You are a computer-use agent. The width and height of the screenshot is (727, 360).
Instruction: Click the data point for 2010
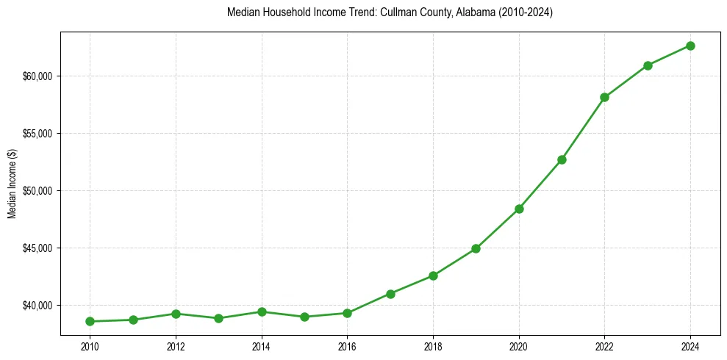90,321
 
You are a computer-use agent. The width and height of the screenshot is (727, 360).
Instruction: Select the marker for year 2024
690,46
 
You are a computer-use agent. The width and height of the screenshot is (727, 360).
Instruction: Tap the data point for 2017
390,294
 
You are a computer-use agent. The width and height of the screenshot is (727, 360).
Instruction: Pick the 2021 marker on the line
562,159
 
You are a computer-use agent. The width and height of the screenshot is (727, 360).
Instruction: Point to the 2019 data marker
476,248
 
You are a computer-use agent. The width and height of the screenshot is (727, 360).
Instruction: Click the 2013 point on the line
218,318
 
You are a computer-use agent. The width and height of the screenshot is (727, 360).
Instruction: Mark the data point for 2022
604,97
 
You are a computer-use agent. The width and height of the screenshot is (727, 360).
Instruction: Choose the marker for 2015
304,317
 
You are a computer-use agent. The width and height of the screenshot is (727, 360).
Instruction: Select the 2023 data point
648,65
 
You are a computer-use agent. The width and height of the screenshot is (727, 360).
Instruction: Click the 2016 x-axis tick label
347,346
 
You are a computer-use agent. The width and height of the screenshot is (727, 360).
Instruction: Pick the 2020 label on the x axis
519,346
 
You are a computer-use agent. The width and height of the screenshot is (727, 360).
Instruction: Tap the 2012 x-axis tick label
176,346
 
